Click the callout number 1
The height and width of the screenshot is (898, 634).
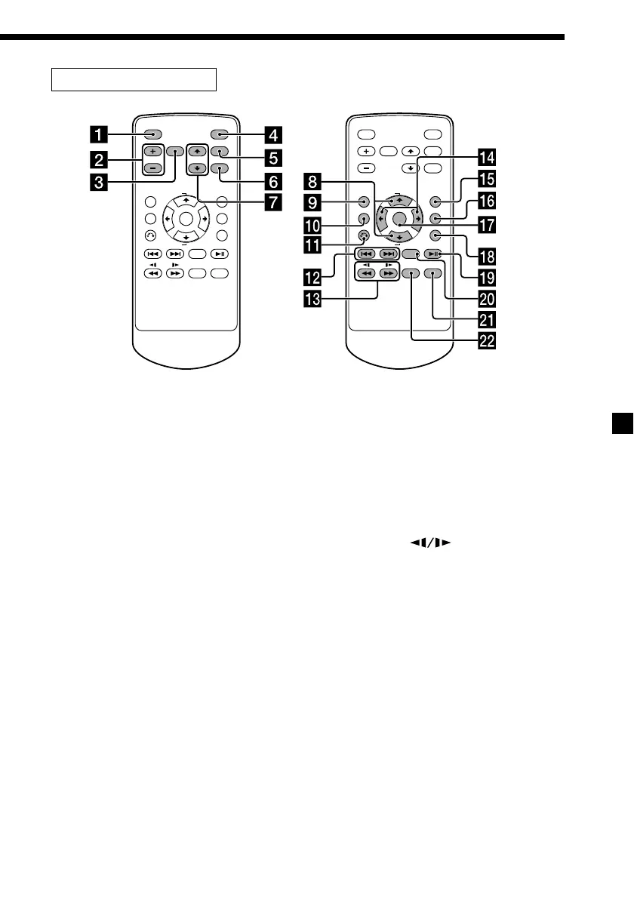(97, 137)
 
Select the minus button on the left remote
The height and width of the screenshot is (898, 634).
(151, 168)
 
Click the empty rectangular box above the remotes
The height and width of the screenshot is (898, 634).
(134, 78)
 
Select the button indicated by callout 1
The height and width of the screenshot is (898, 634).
(151, 136)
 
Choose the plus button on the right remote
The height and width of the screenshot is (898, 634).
(365, 151)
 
